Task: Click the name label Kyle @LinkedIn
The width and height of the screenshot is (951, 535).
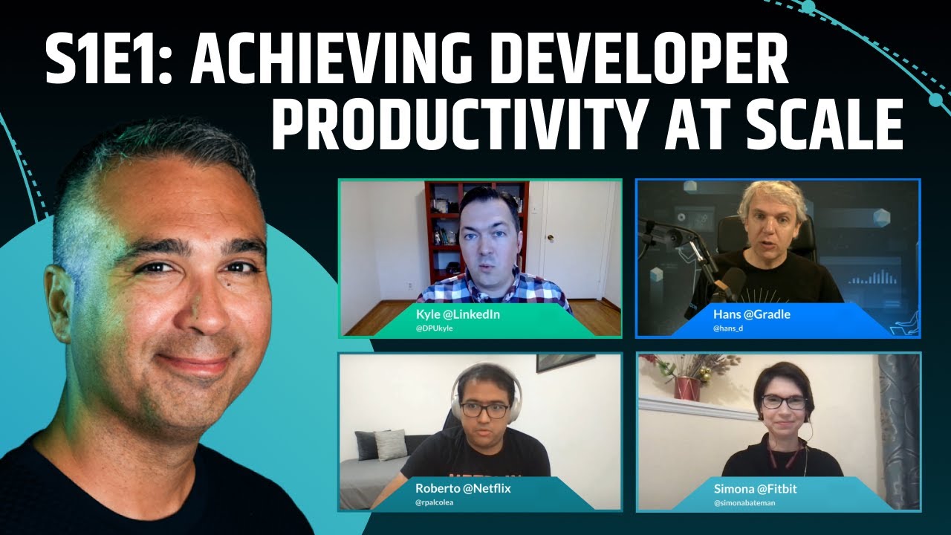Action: coord(458,314)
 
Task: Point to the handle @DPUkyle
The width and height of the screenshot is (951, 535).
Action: coord(434,328)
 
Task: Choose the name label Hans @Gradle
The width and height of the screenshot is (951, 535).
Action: coord(751,314)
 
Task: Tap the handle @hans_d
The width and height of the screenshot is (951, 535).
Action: coord(727,328)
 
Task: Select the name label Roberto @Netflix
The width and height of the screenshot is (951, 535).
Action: coord(462,488)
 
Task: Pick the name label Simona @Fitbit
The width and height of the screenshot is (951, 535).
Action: coord(755,488)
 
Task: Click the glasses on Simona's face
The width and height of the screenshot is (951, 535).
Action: coord(783,402)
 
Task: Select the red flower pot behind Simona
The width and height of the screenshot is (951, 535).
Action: coord(687,386)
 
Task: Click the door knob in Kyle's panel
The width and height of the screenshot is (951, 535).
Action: coord(551,240)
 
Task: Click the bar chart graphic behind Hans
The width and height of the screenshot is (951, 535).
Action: coord(872,279)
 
